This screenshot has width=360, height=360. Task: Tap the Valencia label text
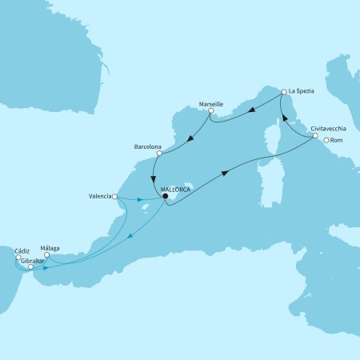coord(99,195)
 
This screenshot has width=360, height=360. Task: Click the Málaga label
coord(50,248)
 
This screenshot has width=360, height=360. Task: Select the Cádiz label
coord(22,250)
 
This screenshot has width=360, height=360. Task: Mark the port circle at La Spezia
coord(283,93)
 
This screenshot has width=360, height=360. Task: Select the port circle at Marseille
coord(210,111)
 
